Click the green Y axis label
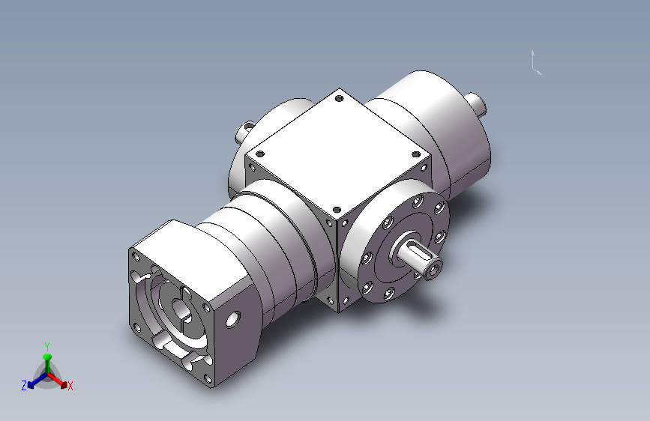point(47,346)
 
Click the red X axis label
point(70,387)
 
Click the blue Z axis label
point(24,386)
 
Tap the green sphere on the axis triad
point(47,357)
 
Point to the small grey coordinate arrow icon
point(536,62)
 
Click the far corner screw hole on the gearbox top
point(339,99)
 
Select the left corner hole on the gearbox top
point(260,154)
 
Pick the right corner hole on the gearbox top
point(416,154)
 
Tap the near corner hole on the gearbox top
point(337,210)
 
